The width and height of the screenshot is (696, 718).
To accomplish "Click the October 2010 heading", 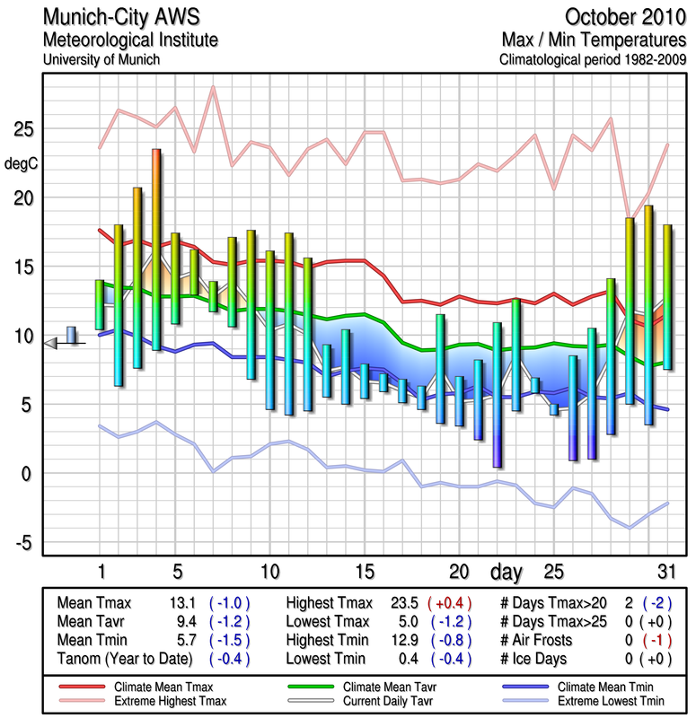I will coord(626,18).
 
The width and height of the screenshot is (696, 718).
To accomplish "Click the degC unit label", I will coord(22,164).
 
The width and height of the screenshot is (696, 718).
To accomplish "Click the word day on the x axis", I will coord(509,571).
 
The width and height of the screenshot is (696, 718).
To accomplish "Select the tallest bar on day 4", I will coord(156,249).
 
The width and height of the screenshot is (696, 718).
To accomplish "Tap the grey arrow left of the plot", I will coord(52,342).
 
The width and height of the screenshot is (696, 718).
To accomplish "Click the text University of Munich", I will coord(101,59).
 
